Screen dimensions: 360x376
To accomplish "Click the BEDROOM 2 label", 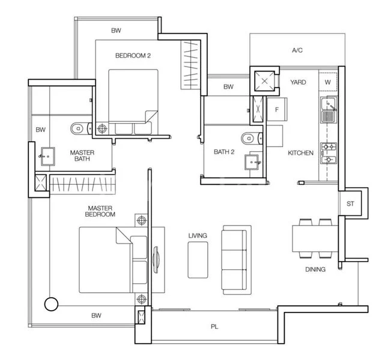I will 132,56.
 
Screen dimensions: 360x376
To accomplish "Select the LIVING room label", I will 197,236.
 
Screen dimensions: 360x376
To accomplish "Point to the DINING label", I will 315,269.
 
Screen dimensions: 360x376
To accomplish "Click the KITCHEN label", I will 300,153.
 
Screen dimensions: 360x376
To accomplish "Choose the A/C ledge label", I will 297,51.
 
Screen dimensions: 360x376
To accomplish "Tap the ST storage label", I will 350,204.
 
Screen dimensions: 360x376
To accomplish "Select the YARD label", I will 298,82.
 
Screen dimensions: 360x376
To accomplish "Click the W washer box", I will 328,82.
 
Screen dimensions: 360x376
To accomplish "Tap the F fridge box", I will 277,110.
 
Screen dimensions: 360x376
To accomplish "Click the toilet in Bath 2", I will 249,139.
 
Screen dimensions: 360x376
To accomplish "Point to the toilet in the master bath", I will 79,128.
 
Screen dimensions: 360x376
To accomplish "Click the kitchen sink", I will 328,109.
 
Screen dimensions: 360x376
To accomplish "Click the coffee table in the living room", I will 198,260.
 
